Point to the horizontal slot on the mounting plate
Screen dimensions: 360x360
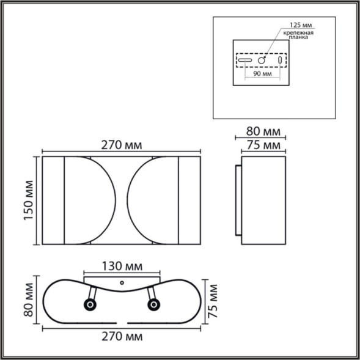point(245,61)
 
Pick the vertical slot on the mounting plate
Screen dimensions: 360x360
point(280,61)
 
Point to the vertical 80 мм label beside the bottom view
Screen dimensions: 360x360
point(28,299)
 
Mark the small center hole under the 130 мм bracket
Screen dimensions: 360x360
point(122,283)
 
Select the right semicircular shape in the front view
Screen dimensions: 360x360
point(153,200)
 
